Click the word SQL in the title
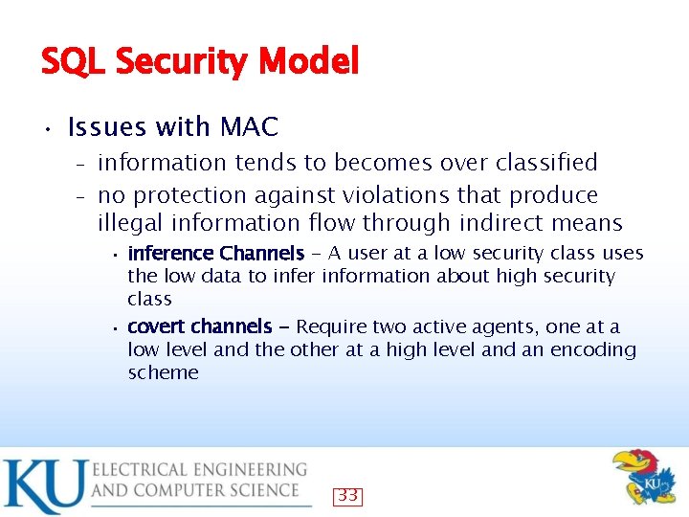click(x=74, y=63)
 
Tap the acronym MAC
click(x=249, y=126)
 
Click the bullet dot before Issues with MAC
click(x=45, y=127)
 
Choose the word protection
click(x=188, y=195)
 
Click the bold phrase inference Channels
click(x=215, y=254)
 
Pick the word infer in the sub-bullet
click(x=299, y=277)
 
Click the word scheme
click(x=163, y=372)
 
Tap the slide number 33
click(x=347, y=496)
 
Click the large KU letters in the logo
click(x=44, y=486)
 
